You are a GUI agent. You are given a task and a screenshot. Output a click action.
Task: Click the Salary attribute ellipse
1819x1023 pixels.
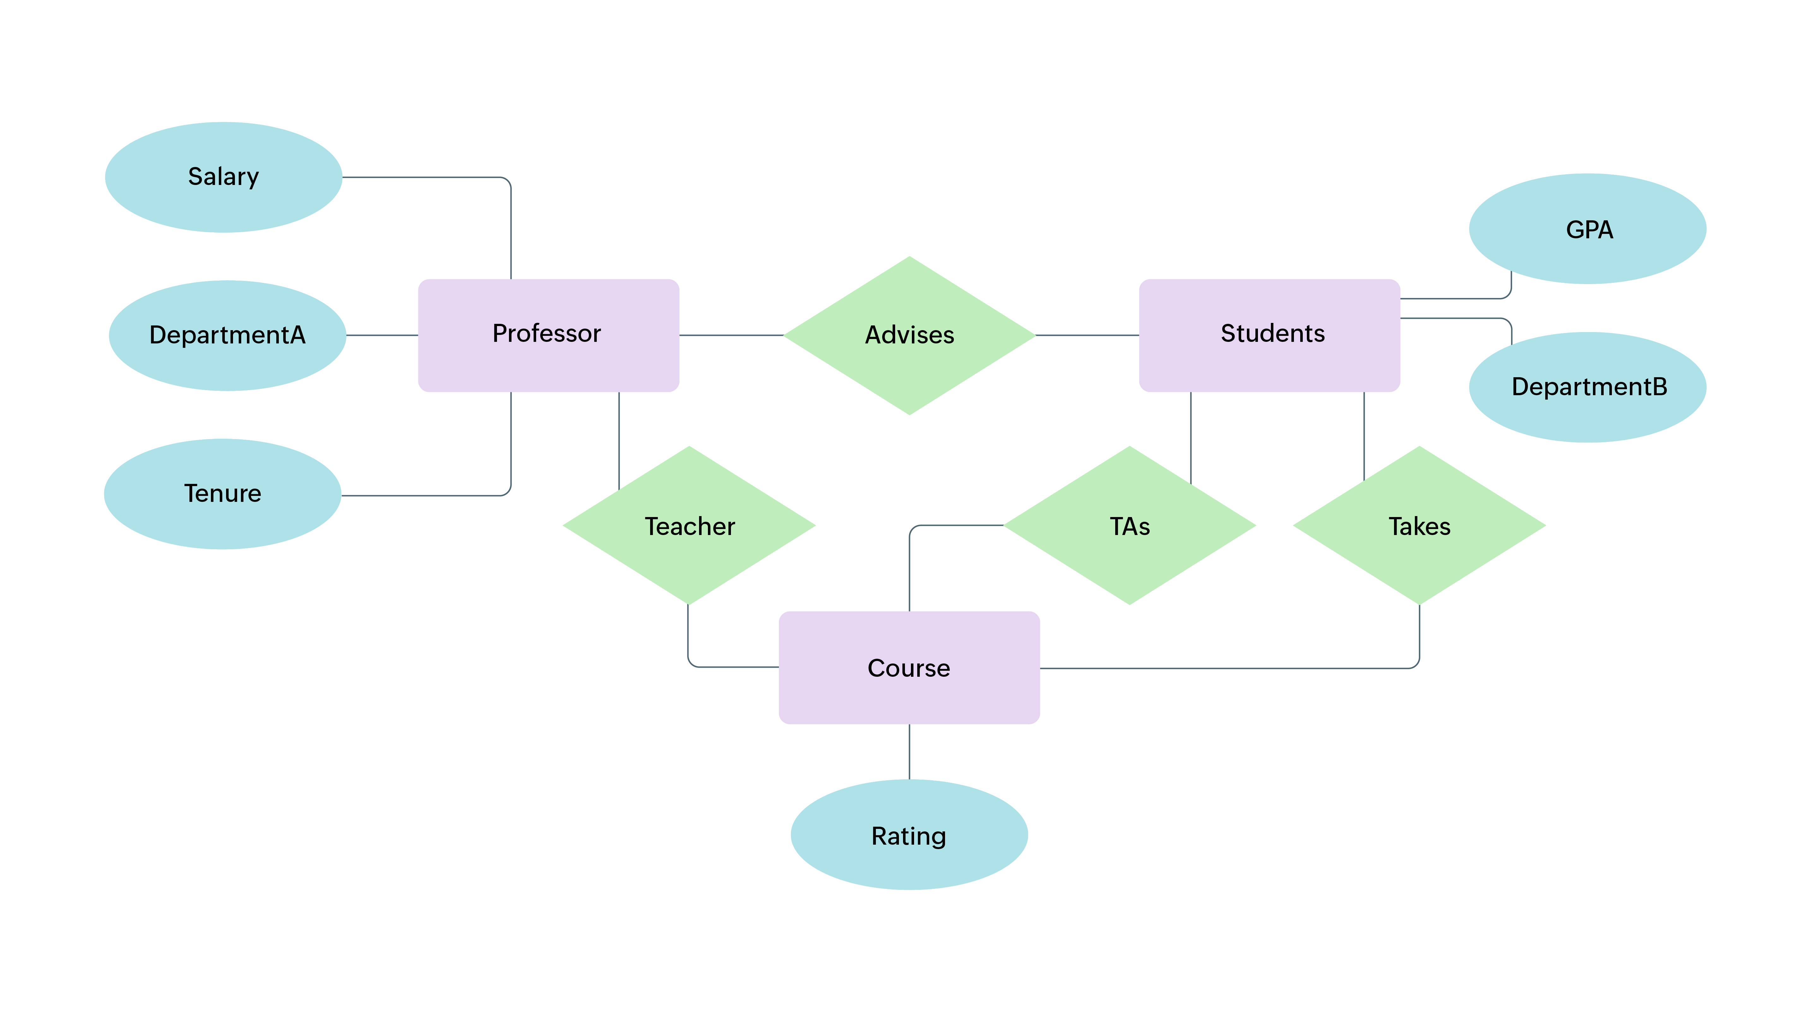(x=223, y=177)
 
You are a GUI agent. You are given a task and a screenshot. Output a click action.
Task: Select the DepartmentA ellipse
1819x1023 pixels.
(x=227, y=335)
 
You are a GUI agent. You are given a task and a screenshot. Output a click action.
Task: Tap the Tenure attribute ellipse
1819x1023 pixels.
(x=222, y=493)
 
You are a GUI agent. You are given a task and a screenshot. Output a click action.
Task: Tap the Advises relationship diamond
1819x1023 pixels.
(x=909, y=335)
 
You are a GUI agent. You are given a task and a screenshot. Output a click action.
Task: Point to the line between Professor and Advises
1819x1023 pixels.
(x=732, y=335)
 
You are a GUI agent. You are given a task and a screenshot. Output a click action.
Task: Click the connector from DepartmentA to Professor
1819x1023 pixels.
(x=382, y=335)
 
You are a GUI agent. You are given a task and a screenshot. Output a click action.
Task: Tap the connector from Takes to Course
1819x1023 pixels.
(x=1229, y=668)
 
